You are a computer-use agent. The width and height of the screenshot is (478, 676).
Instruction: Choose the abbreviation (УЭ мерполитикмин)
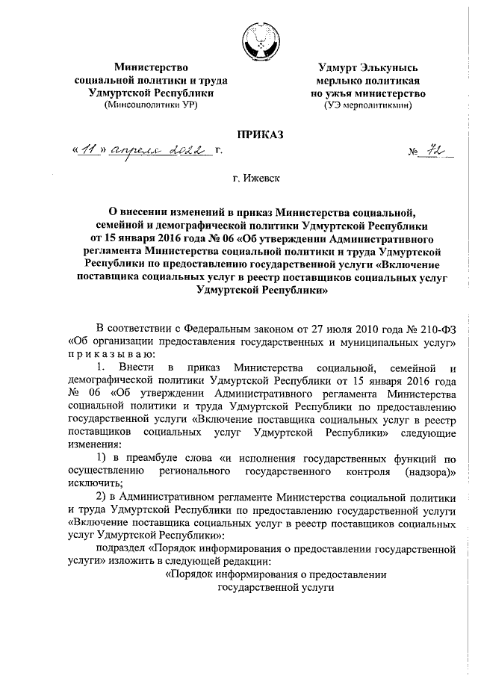(370, 106)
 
